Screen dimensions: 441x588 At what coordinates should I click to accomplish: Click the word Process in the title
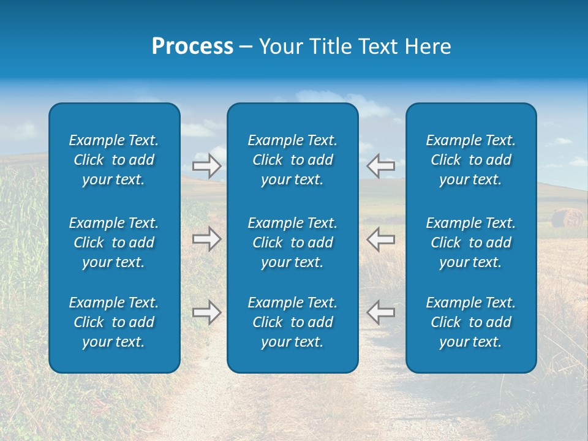point(192,47)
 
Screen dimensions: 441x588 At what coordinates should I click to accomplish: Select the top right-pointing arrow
point(206,166)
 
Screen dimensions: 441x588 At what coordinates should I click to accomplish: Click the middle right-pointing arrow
point(206,239)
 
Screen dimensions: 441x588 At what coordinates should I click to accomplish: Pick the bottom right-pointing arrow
point(206,312)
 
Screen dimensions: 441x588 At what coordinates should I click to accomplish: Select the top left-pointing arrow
point(380,166)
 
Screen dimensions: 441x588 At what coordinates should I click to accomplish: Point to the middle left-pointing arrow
point(380,239)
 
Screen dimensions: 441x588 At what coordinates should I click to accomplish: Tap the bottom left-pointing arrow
point(380,312)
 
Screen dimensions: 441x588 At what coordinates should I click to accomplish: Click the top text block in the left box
point(114,160)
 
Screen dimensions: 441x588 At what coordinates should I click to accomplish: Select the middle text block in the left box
point(114,243)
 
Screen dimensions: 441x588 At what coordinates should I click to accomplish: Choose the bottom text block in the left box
point(114,322)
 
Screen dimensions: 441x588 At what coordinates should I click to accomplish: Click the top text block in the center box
point(292,160)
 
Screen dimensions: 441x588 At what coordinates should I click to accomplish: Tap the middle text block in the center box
point(292,243)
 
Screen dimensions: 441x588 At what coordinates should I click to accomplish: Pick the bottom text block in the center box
point(292,322)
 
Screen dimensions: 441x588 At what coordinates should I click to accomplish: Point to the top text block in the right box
point(470,160)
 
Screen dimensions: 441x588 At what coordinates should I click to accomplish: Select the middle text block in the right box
point(470,243)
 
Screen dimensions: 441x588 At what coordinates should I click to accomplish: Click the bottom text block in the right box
point(470,322)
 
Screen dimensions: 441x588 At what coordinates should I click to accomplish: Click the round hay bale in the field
point(567,218)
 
